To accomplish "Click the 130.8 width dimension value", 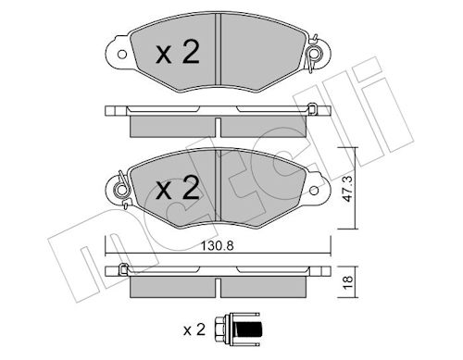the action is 218,246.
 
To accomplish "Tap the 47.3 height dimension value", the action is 348,189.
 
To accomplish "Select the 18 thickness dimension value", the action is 348,281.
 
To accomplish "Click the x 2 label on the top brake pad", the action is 178,52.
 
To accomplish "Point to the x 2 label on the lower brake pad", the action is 178,188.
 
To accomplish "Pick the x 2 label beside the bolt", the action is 194,329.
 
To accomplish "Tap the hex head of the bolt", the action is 219,329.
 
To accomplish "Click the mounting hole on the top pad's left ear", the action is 122,55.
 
